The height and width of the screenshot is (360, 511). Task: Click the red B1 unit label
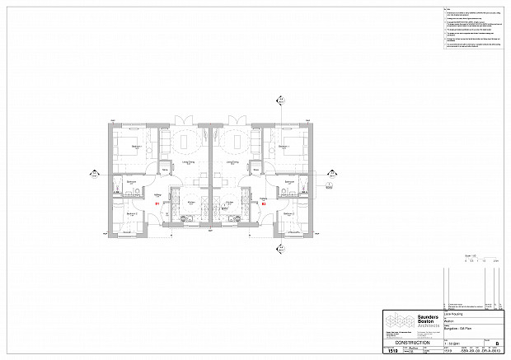[157, 202]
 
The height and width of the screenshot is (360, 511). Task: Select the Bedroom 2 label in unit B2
[288, 213]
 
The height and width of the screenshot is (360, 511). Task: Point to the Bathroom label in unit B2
[291, 183]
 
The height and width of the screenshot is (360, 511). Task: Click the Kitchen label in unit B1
[189, 200]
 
